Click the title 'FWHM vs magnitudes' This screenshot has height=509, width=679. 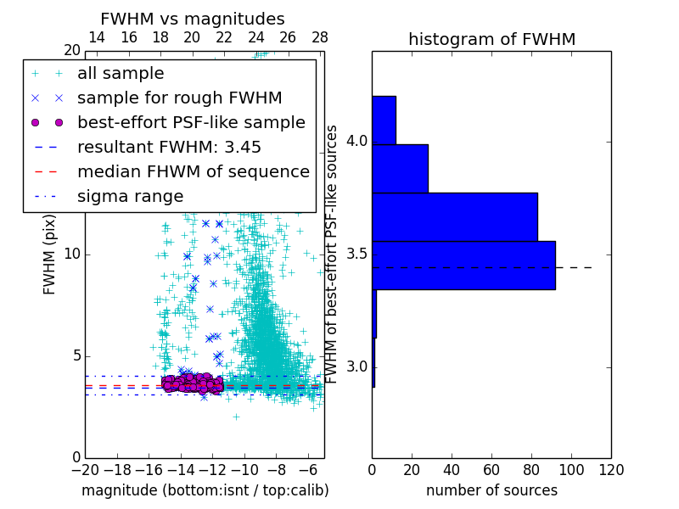point(193,20)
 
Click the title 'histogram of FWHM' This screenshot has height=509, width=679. point(491,40)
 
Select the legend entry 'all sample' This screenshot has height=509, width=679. point(121,74)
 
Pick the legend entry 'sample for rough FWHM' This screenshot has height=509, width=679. point(179,98)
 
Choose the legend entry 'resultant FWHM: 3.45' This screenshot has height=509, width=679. point(169,148)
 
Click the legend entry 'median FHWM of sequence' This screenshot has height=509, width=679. point(193,172)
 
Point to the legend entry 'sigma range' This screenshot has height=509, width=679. point(130,197)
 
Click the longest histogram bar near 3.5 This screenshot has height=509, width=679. point(463,266)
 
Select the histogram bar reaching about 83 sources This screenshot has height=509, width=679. point(454,216)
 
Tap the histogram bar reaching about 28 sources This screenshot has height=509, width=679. point(400,168)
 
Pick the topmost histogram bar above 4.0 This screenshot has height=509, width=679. point(384,120)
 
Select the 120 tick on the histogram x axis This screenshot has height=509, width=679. point(610,469)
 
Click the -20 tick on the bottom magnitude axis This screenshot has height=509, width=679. point(85,469)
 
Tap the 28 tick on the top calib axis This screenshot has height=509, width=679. point(320,38)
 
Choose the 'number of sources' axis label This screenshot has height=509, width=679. point(491,490)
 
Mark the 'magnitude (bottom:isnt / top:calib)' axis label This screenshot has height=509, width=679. point(205,490)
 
